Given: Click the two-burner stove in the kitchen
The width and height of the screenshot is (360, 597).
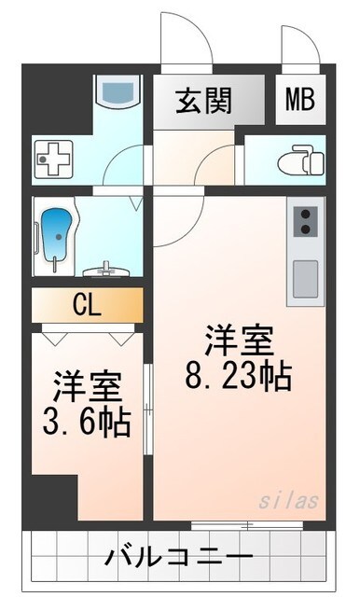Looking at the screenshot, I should pos(305,223).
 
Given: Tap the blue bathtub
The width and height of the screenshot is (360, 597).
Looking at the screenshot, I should pos(58,237).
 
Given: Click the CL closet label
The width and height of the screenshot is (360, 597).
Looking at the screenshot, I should pos(88,304).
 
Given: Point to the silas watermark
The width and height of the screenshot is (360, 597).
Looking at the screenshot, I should pos(292,501).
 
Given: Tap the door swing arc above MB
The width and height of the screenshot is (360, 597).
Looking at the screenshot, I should pos(300,42).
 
